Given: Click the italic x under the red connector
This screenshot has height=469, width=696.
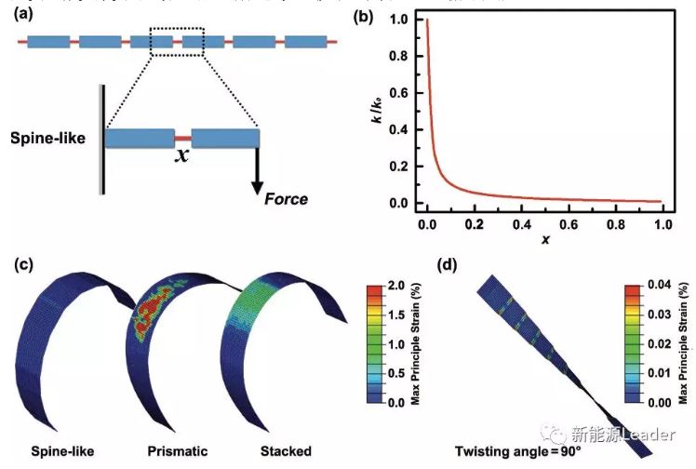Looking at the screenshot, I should coord(184,156).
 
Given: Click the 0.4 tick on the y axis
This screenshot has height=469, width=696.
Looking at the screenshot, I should coord(403,130).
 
